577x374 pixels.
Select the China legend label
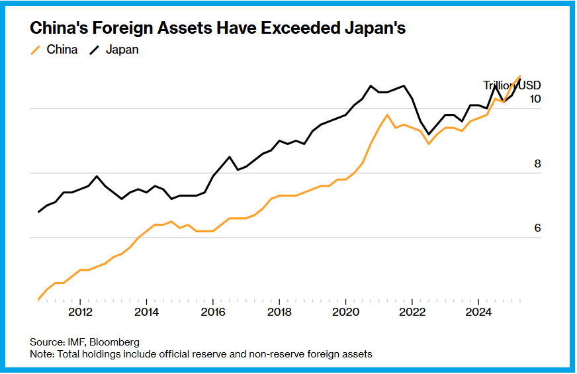coord(62,50)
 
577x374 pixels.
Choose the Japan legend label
coord(123,50)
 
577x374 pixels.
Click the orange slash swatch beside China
coord(36,50)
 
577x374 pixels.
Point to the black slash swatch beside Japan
coord(95,50)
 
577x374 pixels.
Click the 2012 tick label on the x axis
coord(80,312)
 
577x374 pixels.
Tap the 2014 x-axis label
coord(147,312)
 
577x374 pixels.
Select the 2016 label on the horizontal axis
coord(212,312)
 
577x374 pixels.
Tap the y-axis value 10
coord(535,99)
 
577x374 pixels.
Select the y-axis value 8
coord(537,164)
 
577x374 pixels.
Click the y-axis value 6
coord(537,228)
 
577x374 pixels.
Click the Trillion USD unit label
coord(511,85)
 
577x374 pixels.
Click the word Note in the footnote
coord(41,354)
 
